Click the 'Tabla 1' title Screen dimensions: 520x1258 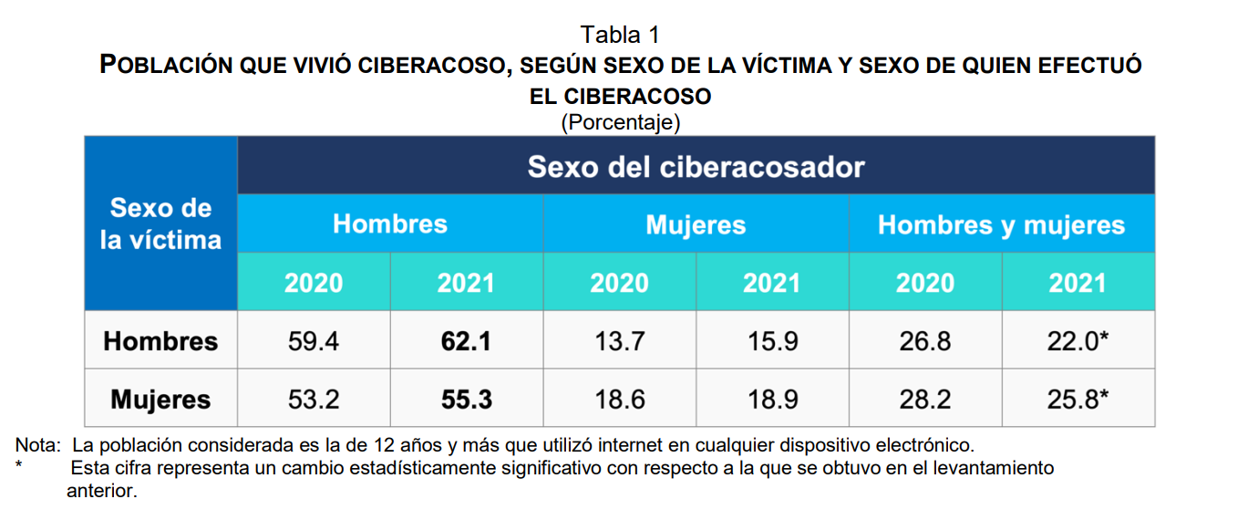coord(620,35)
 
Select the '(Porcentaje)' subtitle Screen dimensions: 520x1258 coord(620,120)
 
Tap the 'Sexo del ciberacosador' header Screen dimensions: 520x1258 coord(696,167)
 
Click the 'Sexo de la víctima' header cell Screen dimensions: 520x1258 coord(160,224)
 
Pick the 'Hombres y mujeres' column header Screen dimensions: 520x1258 coord(1001,225)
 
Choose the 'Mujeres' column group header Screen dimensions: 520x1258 coord(696,225)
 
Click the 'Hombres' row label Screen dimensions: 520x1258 coord(160,341)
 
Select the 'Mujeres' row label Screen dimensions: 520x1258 coord(160,400)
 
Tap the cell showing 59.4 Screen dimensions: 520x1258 coord(314,341)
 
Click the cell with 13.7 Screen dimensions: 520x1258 coord(619,341)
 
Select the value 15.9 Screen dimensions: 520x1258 coord(771,341)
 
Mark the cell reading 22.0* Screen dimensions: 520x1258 coord(1078,341)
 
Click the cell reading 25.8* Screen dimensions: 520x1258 coord(1078,400)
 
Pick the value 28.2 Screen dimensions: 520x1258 coord(924,400)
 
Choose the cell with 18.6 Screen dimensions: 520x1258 coord(619,400)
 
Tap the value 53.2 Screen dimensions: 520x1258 coord(314,400)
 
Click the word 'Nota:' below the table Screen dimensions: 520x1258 coord(35,446)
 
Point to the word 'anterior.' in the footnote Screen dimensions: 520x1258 coord(101,491)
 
